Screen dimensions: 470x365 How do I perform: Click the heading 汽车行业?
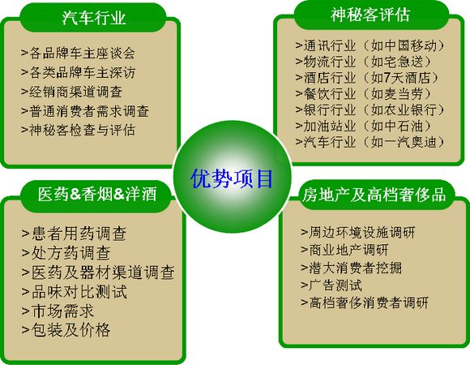[94, 18]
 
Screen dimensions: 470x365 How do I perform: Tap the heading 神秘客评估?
[370, 15]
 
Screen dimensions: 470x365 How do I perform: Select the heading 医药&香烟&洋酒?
[97, 194]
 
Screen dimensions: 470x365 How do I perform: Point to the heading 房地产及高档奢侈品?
[374, 195]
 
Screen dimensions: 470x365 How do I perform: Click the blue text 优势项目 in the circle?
[232, 178]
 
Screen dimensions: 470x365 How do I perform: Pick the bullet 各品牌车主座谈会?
[79, 53]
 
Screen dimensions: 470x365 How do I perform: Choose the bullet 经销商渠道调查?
[71, 92]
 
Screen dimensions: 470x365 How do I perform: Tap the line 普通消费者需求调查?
[85, 111]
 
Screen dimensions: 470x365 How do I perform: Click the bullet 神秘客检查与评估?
[79, 130]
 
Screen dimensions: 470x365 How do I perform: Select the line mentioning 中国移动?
[370, 45]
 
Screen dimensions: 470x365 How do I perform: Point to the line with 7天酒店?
[367, 78]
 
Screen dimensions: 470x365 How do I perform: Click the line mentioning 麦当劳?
[363, 94]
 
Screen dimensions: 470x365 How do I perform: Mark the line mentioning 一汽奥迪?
[370, 142]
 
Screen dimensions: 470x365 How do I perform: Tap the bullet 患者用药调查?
[74, 234]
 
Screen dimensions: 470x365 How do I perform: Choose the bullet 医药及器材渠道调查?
[98, 272]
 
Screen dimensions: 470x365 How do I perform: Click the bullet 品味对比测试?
[75, 291]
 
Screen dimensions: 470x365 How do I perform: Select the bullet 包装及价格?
[66, 329]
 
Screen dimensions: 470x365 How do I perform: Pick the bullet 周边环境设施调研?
[358, 233]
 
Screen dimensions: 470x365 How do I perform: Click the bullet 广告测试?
[331, 285]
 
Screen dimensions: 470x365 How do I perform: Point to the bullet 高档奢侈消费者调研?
[365, 303]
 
